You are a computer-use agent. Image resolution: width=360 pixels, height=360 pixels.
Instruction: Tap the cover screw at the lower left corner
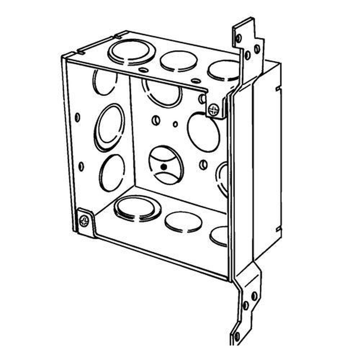click(84, 220)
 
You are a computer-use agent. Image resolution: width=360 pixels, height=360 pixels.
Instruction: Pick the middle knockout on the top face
click(178, 61)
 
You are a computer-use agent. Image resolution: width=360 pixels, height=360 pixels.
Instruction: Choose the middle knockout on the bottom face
click(183, 221)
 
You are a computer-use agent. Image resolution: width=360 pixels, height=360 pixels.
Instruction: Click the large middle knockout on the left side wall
click(110, 127)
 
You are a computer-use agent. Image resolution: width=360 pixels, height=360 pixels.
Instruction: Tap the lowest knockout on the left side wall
click(112, 173)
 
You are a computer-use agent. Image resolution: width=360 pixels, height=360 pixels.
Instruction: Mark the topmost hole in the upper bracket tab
click(238, 37)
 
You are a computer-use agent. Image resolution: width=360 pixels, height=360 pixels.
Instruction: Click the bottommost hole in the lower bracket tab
click(237, 337)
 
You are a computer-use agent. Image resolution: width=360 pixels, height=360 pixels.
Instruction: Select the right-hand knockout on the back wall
click(203, 132)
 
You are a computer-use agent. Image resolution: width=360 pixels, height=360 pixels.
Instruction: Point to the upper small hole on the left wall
click(78, 117)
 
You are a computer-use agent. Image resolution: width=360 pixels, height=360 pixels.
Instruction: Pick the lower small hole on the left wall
click(81, 166)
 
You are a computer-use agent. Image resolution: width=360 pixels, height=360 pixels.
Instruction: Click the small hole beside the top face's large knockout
click(143, 70)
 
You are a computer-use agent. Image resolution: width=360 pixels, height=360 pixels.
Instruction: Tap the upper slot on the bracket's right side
click(278, 87)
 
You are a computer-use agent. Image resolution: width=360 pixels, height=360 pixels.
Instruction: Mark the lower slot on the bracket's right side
click(278, 228)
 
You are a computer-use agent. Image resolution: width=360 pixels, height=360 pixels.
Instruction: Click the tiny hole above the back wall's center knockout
click(175, 124)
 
